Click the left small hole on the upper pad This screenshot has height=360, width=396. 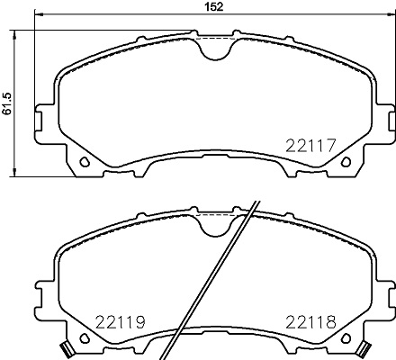[x=84, y=163]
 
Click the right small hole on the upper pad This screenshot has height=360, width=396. [x=346, y=163]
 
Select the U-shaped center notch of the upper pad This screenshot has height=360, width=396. [x=215, y=49]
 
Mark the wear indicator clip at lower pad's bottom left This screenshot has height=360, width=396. [x=65, y=348]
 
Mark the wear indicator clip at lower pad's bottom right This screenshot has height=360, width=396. [x=364, y=348]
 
